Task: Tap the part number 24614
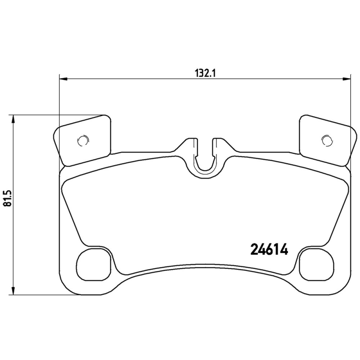tap(269, 249)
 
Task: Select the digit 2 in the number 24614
tap(254, 249)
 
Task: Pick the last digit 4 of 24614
tap(284, 249)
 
